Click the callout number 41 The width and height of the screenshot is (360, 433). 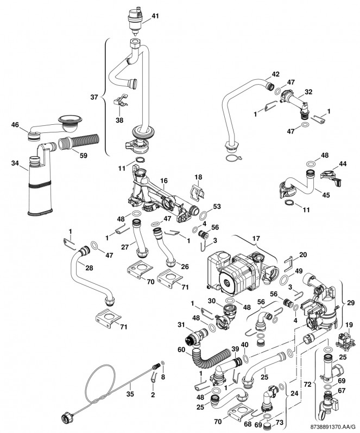(155, 16)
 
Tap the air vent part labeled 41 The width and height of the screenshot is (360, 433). (133, 20)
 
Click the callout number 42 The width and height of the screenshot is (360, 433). (275, 74)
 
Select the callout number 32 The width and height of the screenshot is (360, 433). (308, 92)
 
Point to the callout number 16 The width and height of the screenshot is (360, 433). (164, 180)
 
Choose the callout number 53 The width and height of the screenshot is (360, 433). (217, 206)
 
